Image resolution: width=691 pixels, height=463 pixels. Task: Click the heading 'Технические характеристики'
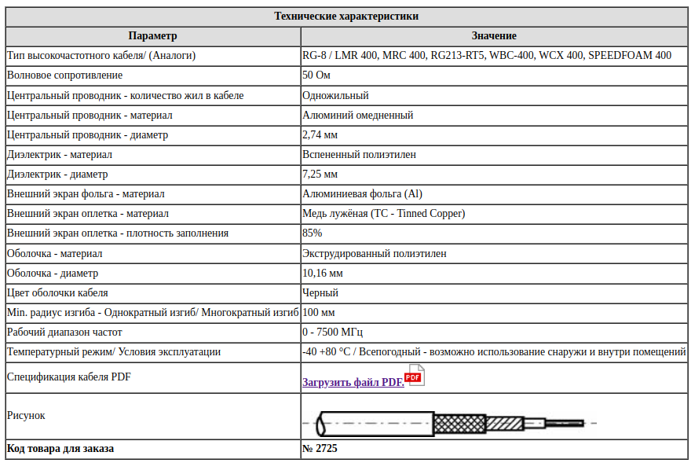point(346,17)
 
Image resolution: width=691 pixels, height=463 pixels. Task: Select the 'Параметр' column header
point(152,36)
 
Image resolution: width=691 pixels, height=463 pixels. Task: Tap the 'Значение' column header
point(493,36)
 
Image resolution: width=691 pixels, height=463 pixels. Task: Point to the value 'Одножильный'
point(335,95)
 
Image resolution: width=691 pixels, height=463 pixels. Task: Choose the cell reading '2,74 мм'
point(320,134)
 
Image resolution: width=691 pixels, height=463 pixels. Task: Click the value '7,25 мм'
point(320,174)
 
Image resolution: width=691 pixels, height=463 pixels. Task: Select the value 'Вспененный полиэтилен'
point(359,154)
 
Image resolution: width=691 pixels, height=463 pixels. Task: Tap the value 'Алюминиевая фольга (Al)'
point(362,193)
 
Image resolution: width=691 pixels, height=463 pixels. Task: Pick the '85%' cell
point(312,233)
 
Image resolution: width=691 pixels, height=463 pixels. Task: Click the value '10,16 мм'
point(322,273)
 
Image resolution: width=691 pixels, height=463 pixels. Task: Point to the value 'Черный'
point(320,292)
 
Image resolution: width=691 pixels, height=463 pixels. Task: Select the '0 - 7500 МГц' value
point(332,332)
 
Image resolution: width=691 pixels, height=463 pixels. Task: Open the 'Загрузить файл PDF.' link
point(353,382)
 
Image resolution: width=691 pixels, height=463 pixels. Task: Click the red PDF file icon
point(415,376)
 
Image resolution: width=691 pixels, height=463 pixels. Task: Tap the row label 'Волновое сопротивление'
point(64,75)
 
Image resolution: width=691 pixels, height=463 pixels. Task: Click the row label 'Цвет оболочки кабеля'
point(57,292)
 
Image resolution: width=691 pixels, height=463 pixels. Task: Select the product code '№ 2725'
point(320,449)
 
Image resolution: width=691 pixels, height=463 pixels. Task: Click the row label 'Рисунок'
point(26,415)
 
